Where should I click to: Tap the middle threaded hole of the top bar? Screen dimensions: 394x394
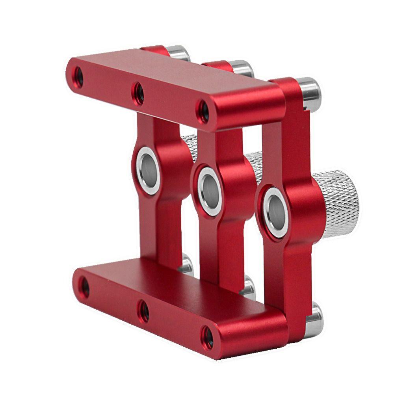[x=138, y=94]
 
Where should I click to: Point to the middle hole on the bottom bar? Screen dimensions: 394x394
[x=143, y=309]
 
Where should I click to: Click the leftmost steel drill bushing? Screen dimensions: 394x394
[x=148, y=171]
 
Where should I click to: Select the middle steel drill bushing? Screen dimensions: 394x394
[x=210, y=191]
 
